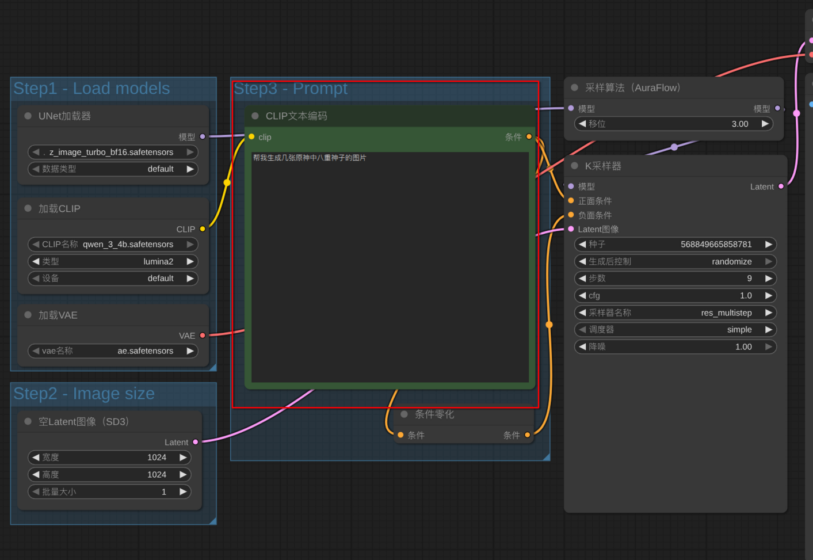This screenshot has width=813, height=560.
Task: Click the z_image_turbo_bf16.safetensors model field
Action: [113, 152]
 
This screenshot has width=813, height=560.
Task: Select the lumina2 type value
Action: [158, 261]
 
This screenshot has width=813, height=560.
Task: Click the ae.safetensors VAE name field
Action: [113, 351]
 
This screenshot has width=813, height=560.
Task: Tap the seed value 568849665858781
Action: [716, 245]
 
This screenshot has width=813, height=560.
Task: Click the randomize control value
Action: [732, 261]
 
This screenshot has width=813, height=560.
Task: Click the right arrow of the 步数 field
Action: [768, 279]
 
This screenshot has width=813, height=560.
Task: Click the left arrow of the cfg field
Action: [582, 296]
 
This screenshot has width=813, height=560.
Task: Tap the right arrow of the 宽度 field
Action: [183, 458]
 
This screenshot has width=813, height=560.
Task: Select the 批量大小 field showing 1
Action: [109, 492]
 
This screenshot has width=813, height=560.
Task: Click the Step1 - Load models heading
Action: [91, 88]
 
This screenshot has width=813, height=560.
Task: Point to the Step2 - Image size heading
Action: [84, 394]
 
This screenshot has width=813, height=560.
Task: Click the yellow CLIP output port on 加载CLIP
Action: [203, 229]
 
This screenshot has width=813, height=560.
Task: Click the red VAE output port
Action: [203, 335]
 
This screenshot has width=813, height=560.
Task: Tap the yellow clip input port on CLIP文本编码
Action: [251, 136]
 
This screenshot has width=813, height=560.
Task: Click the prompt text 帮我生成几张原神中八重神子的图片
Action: [310, 158]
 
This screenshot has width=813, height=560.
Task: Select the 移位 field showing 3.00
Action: [673, 124]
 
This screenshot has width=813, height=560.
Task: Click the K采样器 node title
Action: [603, 166]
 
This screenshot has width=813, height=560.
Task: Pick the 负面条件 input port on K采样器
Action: [571, 215]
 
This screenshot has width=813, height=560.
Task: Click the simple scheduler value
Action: [739, 330]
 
